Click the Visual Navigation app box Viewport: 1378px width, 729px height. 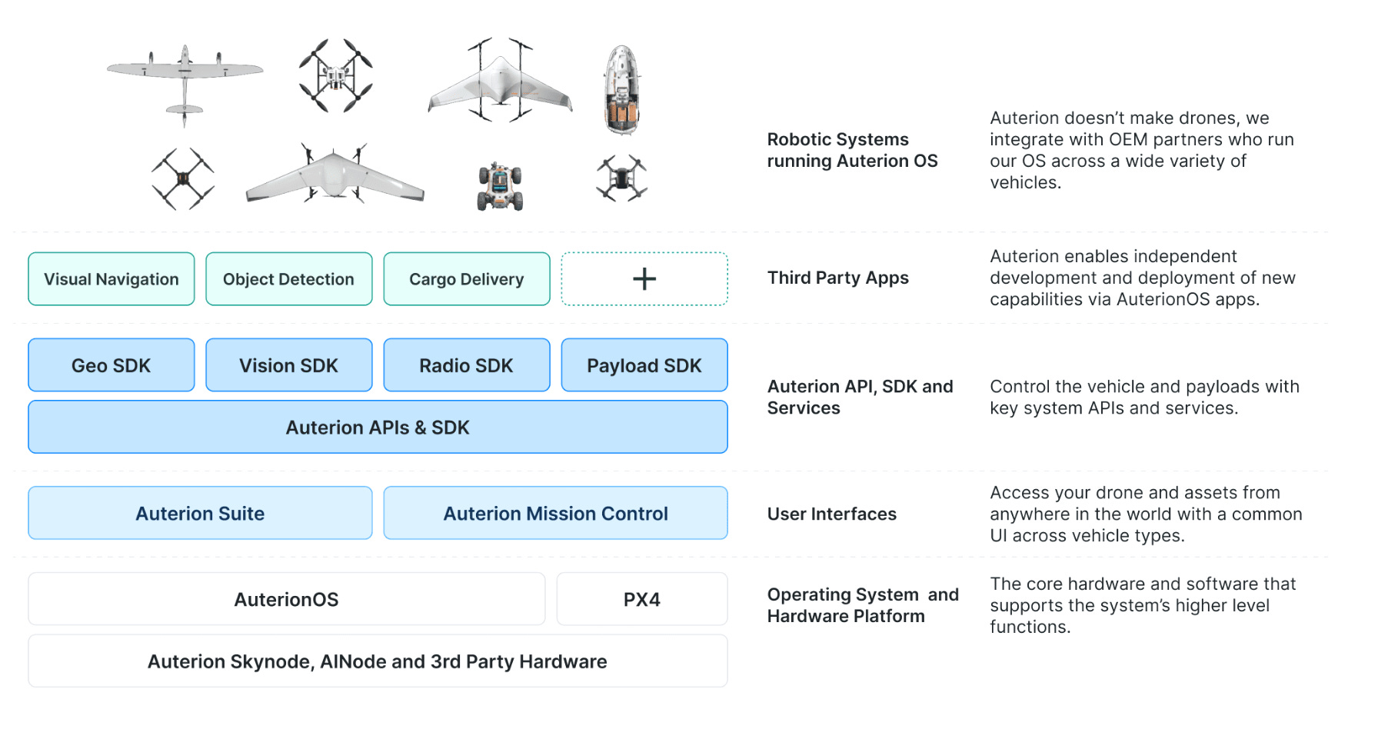[112, 279]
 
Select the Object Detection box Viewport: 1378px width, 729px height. [289, 279]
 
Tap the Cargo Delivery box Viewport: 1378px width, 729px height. [467, 279]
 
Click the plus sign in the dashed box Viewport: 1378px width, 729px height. [644, 279]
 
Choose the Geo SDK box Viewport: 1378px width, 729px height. [112, 365]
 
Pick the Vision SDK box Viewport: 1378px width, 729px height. [289, 365]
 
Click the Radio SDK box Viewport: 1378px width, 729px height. [467, 365]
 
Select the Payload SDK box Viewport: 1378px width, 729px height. [644, 365]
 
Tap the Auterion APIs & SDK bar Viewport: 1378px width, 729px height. [378, 428]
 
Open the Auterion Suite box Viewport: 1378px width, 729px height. [200, 513]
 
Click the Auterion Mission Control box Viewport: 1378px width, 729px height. [555, 513]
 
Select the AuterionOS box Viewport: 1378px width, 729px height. [286, 599]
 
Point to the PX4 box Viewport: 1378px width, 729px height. [642, 599]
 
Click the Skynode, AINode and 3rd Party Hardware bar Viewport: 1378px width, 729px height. [378, 661]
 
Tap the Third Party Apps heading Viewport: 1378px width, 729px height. [837, 278]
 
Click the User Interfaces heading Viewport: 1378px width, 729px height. [831, 514]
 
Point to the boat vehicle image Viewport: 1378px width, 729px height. [622, 90]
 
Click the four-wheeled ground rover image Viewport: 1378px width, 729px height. [500, 187]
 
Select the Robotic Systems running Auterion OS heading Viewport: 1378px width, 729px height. [852, 150]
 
